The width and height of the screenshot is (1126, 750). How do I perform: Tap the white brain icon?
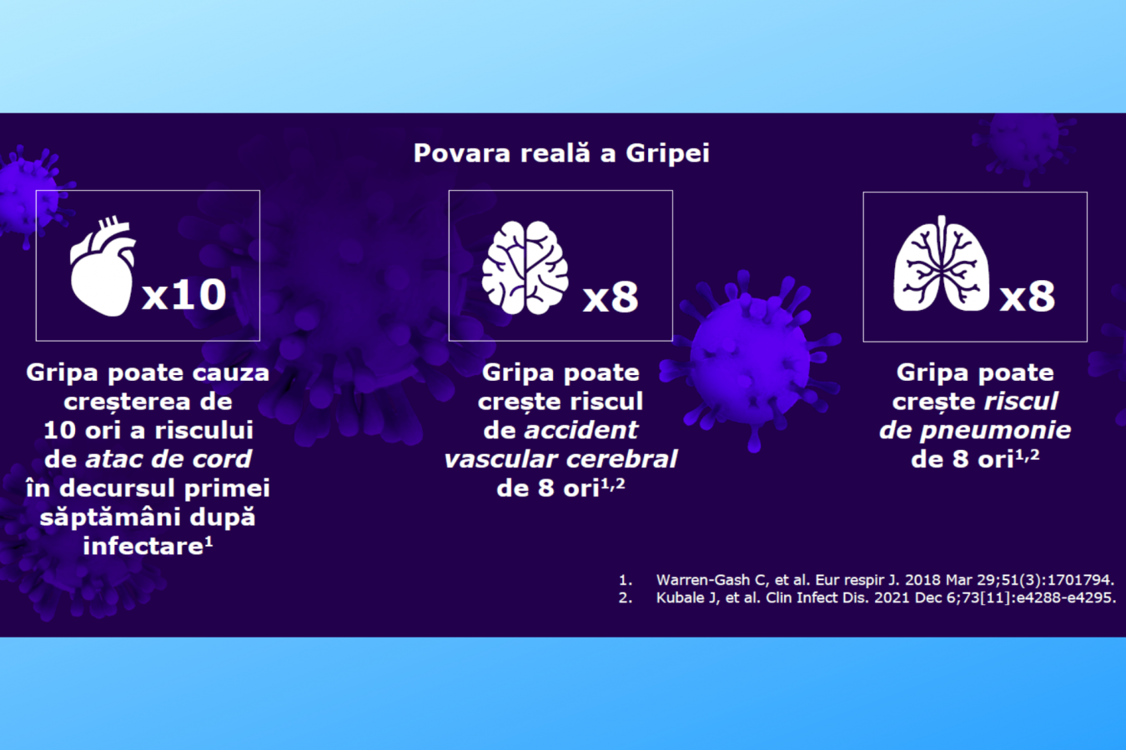coord(525,267)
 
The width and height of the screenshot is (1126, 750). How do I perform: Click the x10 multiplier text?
coord(184,294)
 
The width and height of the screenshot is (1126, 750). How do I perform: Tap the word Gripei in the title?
coord(667,153)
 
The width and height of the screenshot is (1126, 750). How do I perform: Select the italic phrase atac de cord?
coord(168,458)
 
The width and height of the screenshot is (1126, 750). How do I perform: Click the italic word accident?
coord(581,430)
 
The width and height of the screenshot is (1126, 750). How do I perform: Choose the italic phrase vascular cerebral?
coord(560,458)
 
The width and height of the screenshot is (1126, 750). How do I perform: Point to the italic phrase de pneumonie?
coord(975,431)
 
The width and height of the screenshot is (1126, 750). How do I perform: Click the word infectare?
coord(143,546)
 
